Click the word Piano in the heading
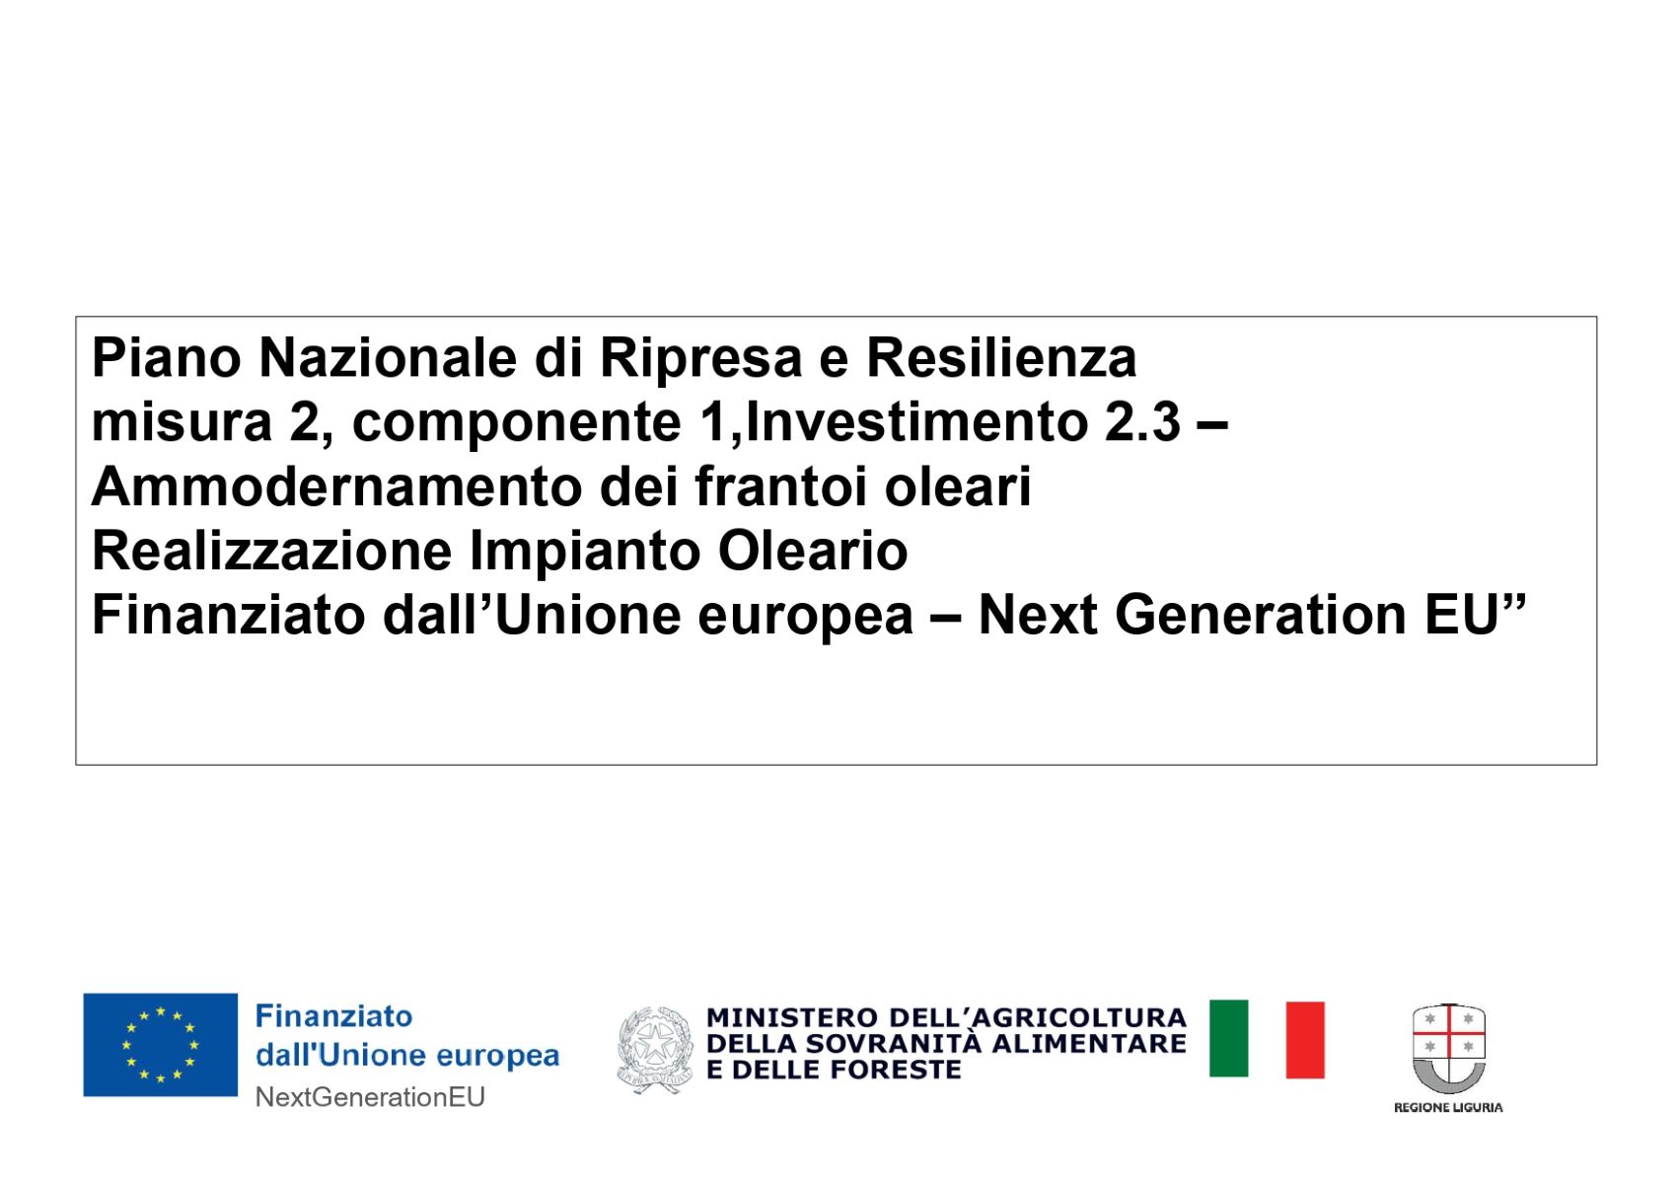tap(166, 358)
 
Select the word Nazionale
tap(387, 358)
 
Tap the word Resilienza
tap(1001, 358)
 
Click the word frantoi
tap(781, 487)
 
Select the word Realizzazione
tap(271, 552)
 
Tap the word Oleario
tap(813, 552)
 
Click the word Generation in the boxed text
tap(1261, 617)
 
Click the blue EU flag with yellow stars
tap(160, 1045)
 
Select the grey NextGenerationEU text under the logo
tap(370, 1097)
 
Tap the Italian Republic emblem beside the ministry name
tap(654, 1050)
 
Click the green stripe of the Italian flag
tap(1228, 1039)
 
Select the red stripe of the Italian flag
tap(1305, 1040)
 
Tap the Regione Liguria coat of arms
tap(1449, 1048)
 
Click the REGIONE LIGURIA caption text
tap(1448, 1107)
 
